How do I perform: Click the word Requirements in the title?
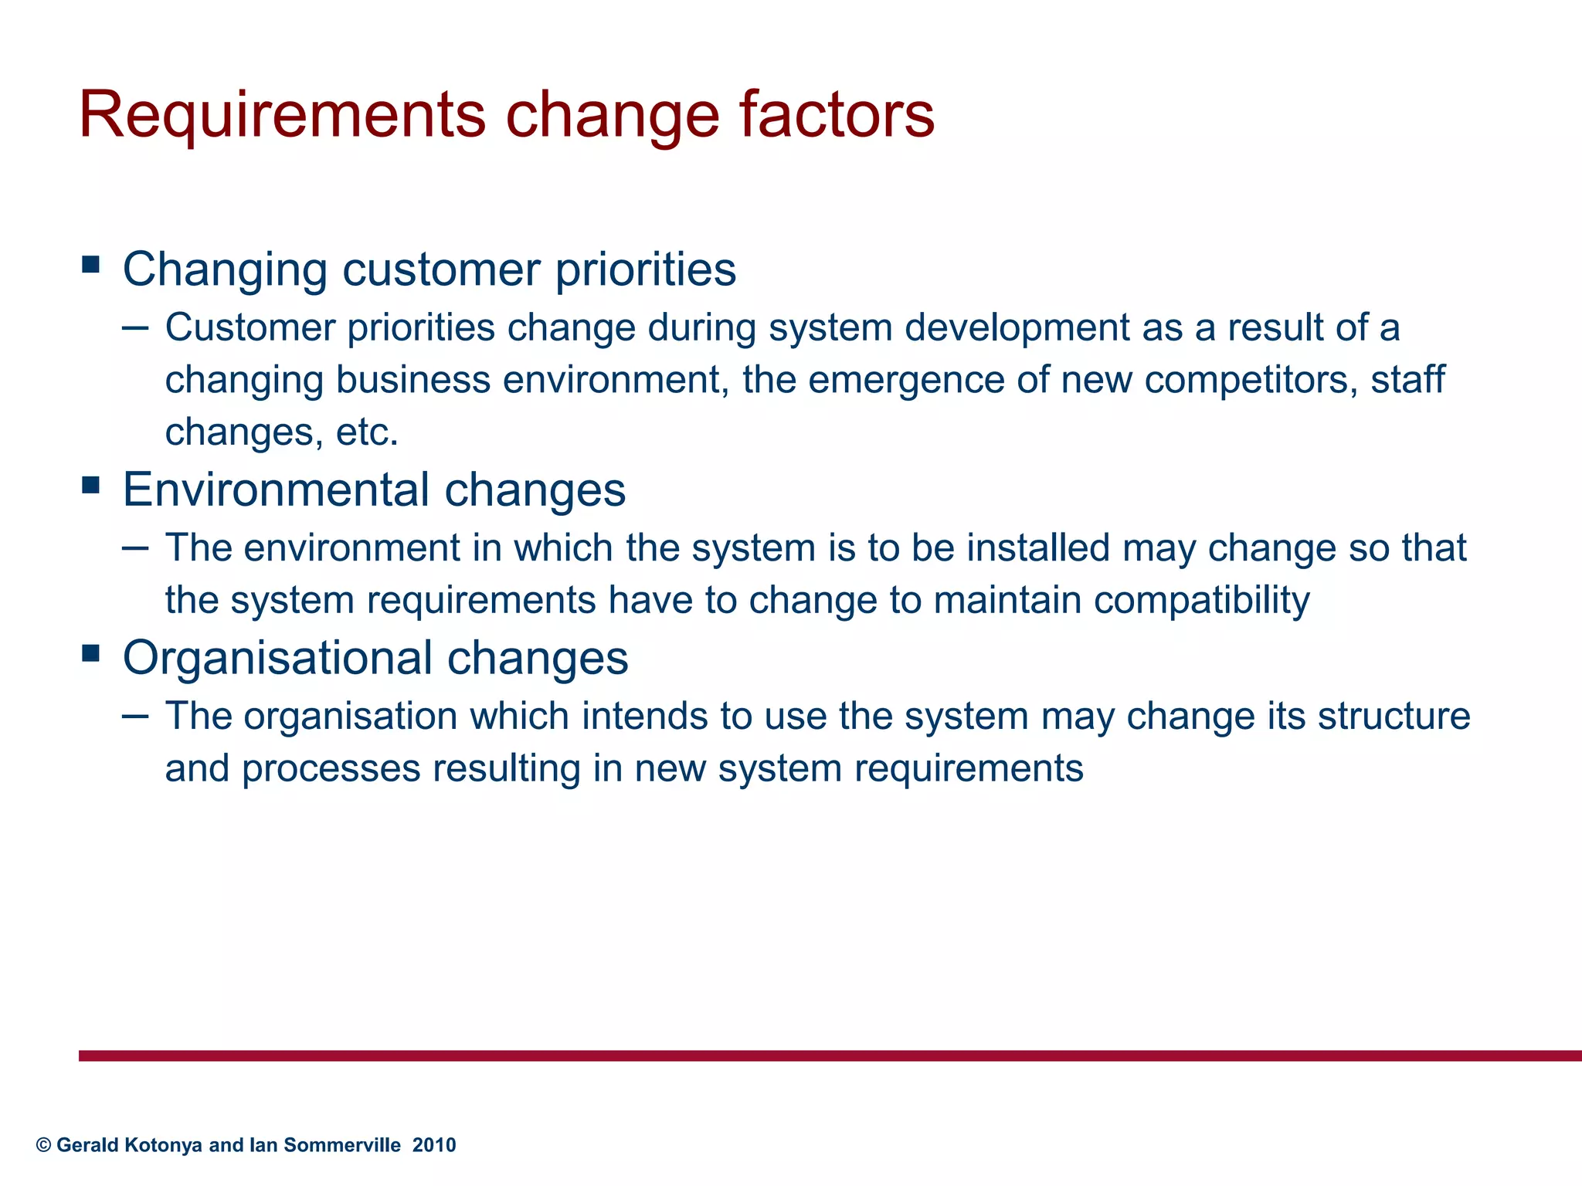(x=282, y=116)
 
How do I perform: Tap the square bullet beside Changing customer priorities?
(x=91, y=266)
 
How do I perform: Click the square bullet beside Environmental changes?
(x=91, y=486)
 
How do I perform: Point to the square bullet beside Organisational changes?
(x=91, y=654)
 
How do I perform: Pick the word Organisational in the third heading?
(x=278, y=658)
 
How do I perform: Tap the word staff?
(x=1407, y=380)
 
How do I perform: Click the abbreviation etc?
(x=367, y=432)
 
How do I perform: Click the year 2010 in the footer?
(x=434, y=1145)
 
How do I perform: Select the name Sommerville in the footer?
(x=342, y=1145)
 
